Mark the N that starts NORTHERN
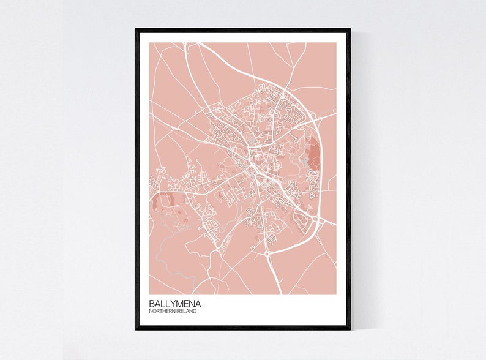(150, 312)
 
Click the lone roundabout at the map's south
(267, 252)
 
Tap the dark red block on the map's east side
(313, 153)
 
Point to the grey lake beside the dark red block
(305, 162)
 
